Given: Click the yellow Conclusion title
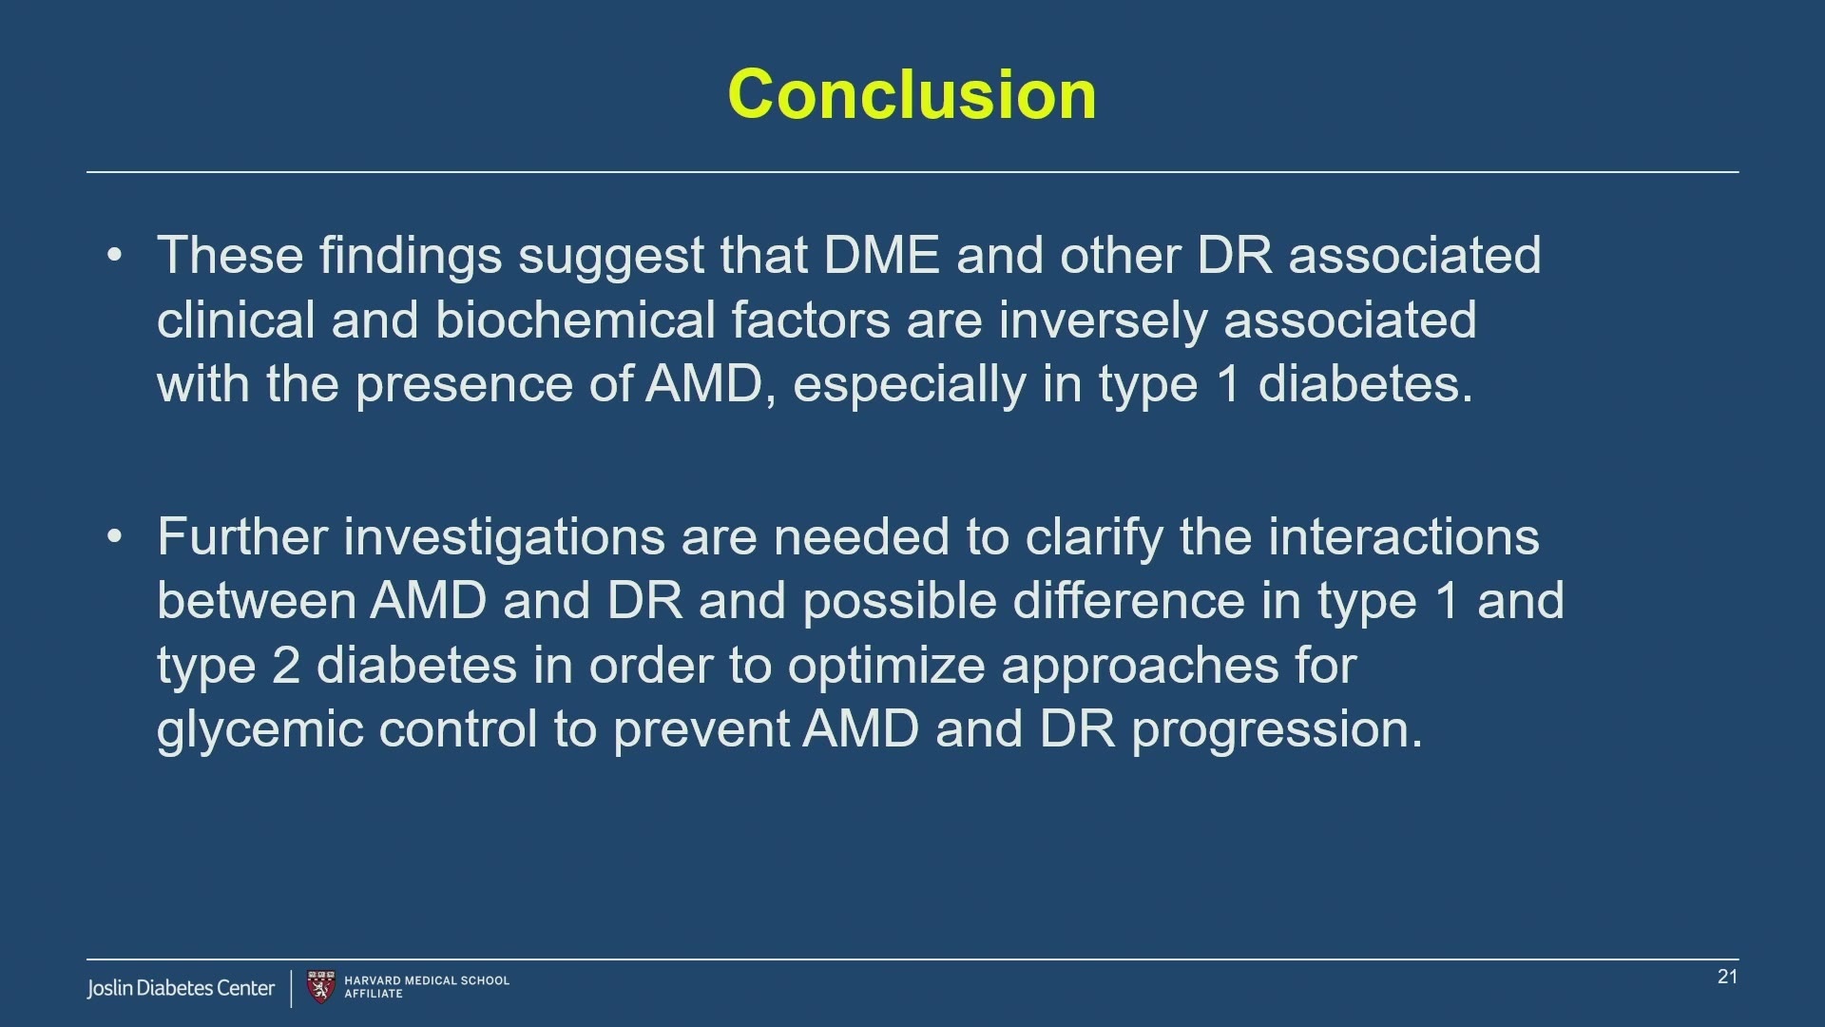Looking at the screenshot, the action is pyautogui.click(x=912, y=94).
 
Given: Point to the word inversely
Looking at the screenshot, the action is pyautogui.click(x=1103, y=321).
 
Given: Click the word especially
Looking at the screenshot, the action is pyautogui.click(x=910, y=386).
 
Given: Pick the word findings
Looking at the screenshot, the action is pyautogui.click(x=411, y=257).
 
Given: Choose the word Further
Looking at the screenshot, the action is pyautogui.click(x=242, y=536).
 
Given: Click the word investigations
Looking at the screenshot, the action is pyautogui.click(x=504, y=538).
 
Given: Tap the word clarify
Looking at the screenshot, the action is pyautogui.click(x=1094, y=538).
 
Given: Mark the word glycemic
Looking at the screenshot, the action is pyautogui.click(x=259, y=731).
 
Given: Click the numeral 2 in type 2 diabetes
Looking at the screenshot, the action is pyautogui.click(x=286, y=665).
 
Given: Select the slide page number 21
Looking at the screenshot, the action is pyautogui.click(x=1727, y=977).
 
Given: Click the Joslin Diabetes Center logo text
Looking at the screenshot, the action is pyautogui.click(x=181, y=988).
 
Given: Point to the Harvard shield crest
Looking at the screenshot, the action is pyautogui.click(x=321, y=987).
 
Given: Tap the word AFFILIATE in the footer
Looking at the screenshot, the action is pyautogui.click(x=374, y=994).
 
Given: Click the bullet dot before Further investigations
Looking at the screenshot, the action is pyautogui.click(x=115, y=536).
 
